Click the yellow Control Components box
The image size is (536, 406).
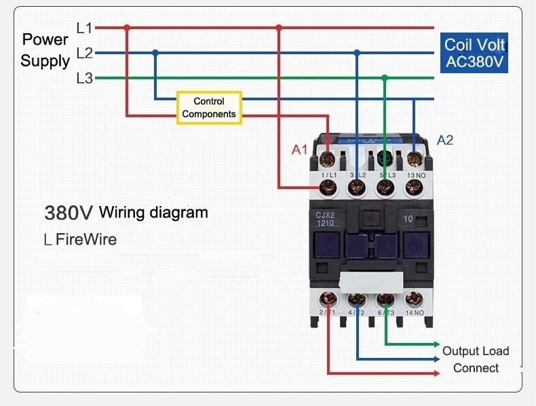pyautogui.click(x=209, y=108)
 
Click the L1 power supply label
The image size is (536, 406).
pyautogui.click(x=85, y=28)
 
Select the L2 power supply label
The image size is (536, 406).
pyautogui.click(x=85, y=53)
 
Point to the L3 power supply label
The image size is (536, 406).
pyautogui.click(x=85, y=78)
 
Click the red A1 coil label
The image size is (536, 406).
pyautogui.click(x=300, y=150)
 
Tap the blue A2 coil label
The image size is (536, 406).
pyautogui.click(x=445, y=140)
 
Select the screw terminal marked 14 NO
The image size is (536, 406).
pyautogui.click(x=413, y=299)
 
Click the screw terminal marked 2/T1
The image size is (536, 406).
pyautogui.click(x=328, y=299)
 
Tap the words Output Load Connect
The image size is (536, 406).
pyautogui.click(x=475, y=359)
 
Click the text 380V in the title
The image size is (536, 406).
pyautogui.click(x=69, y=213)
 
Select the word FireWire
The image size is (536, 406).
pyautogui.click(x=86, y=239)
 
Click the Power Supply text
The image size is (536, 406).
pyautogui.click(x=45, y=50)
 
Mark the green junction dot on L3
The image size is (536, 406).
pyautogui.click(x=385, y=78)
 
